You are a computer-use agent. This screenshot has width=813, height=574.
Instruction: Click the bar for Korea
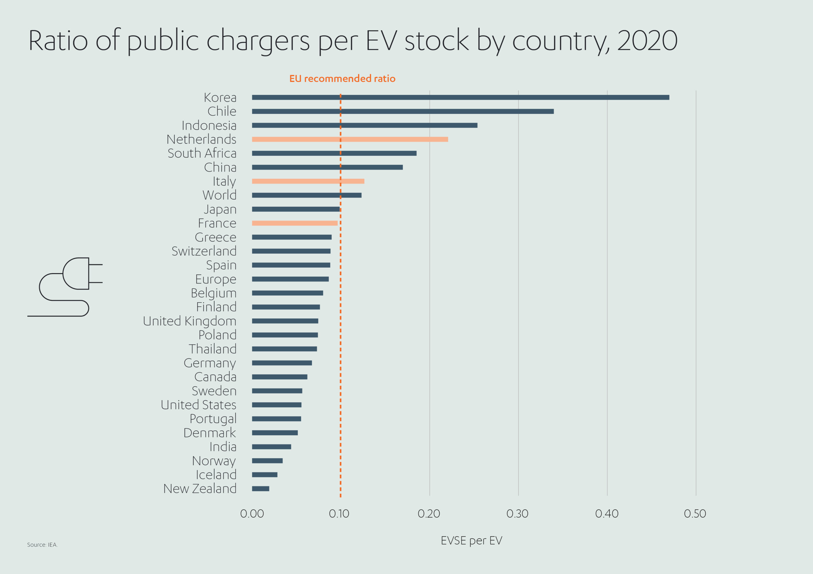coord(460,97)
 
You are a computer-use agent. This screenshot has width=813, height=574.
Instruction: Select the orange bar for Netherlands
coord(350,139)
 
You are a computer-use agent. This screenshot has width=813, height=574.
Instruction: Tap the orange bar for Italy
coord(308,181)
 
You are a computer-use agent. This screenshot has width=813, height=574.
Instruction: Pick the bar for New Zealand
coord(261,488)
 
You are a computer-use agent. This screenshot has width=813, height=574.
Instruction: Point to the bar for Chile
coord(403,111)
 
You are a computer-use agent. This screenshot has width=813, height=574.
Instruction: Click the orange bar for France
coord(295,223)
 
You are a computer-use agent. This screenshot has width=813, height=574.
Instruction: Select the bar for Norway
coord(267,460)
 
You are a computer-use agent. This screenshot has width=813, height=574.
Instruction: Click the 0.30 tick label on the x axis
coord(517,513)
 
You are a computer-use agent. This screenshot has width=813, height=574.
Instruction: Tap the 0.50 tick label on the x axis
coord(695,513)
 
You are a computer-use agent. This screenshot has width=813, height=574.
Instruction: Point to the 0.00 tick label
coord(252,513)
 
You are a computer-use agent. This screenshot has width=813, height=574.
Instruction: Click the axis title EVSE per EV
coord(471,540)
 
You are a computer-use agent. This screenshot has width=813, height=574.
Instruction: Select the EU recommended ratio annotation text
coord(342,79)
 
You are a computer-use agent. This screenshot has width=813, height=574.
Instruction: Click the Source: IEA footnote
coord(43,545)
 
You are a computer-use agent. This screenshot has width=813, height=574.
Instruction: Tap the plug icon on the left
coord(67,286)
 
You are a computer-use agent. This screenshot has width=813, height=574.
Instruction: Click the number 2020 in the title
coord(647,41)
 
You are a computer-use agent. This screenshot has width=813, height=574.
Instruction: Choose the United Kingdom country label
coord(190,321)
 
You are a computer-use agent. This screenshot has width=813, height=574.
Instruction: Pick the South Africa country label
coord(202,153)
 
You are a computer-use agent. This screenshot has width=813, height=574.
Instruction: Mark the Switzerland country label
coord(204,251)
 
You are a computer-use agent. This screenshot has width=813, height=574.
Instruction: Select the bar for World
coord(307,195)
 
